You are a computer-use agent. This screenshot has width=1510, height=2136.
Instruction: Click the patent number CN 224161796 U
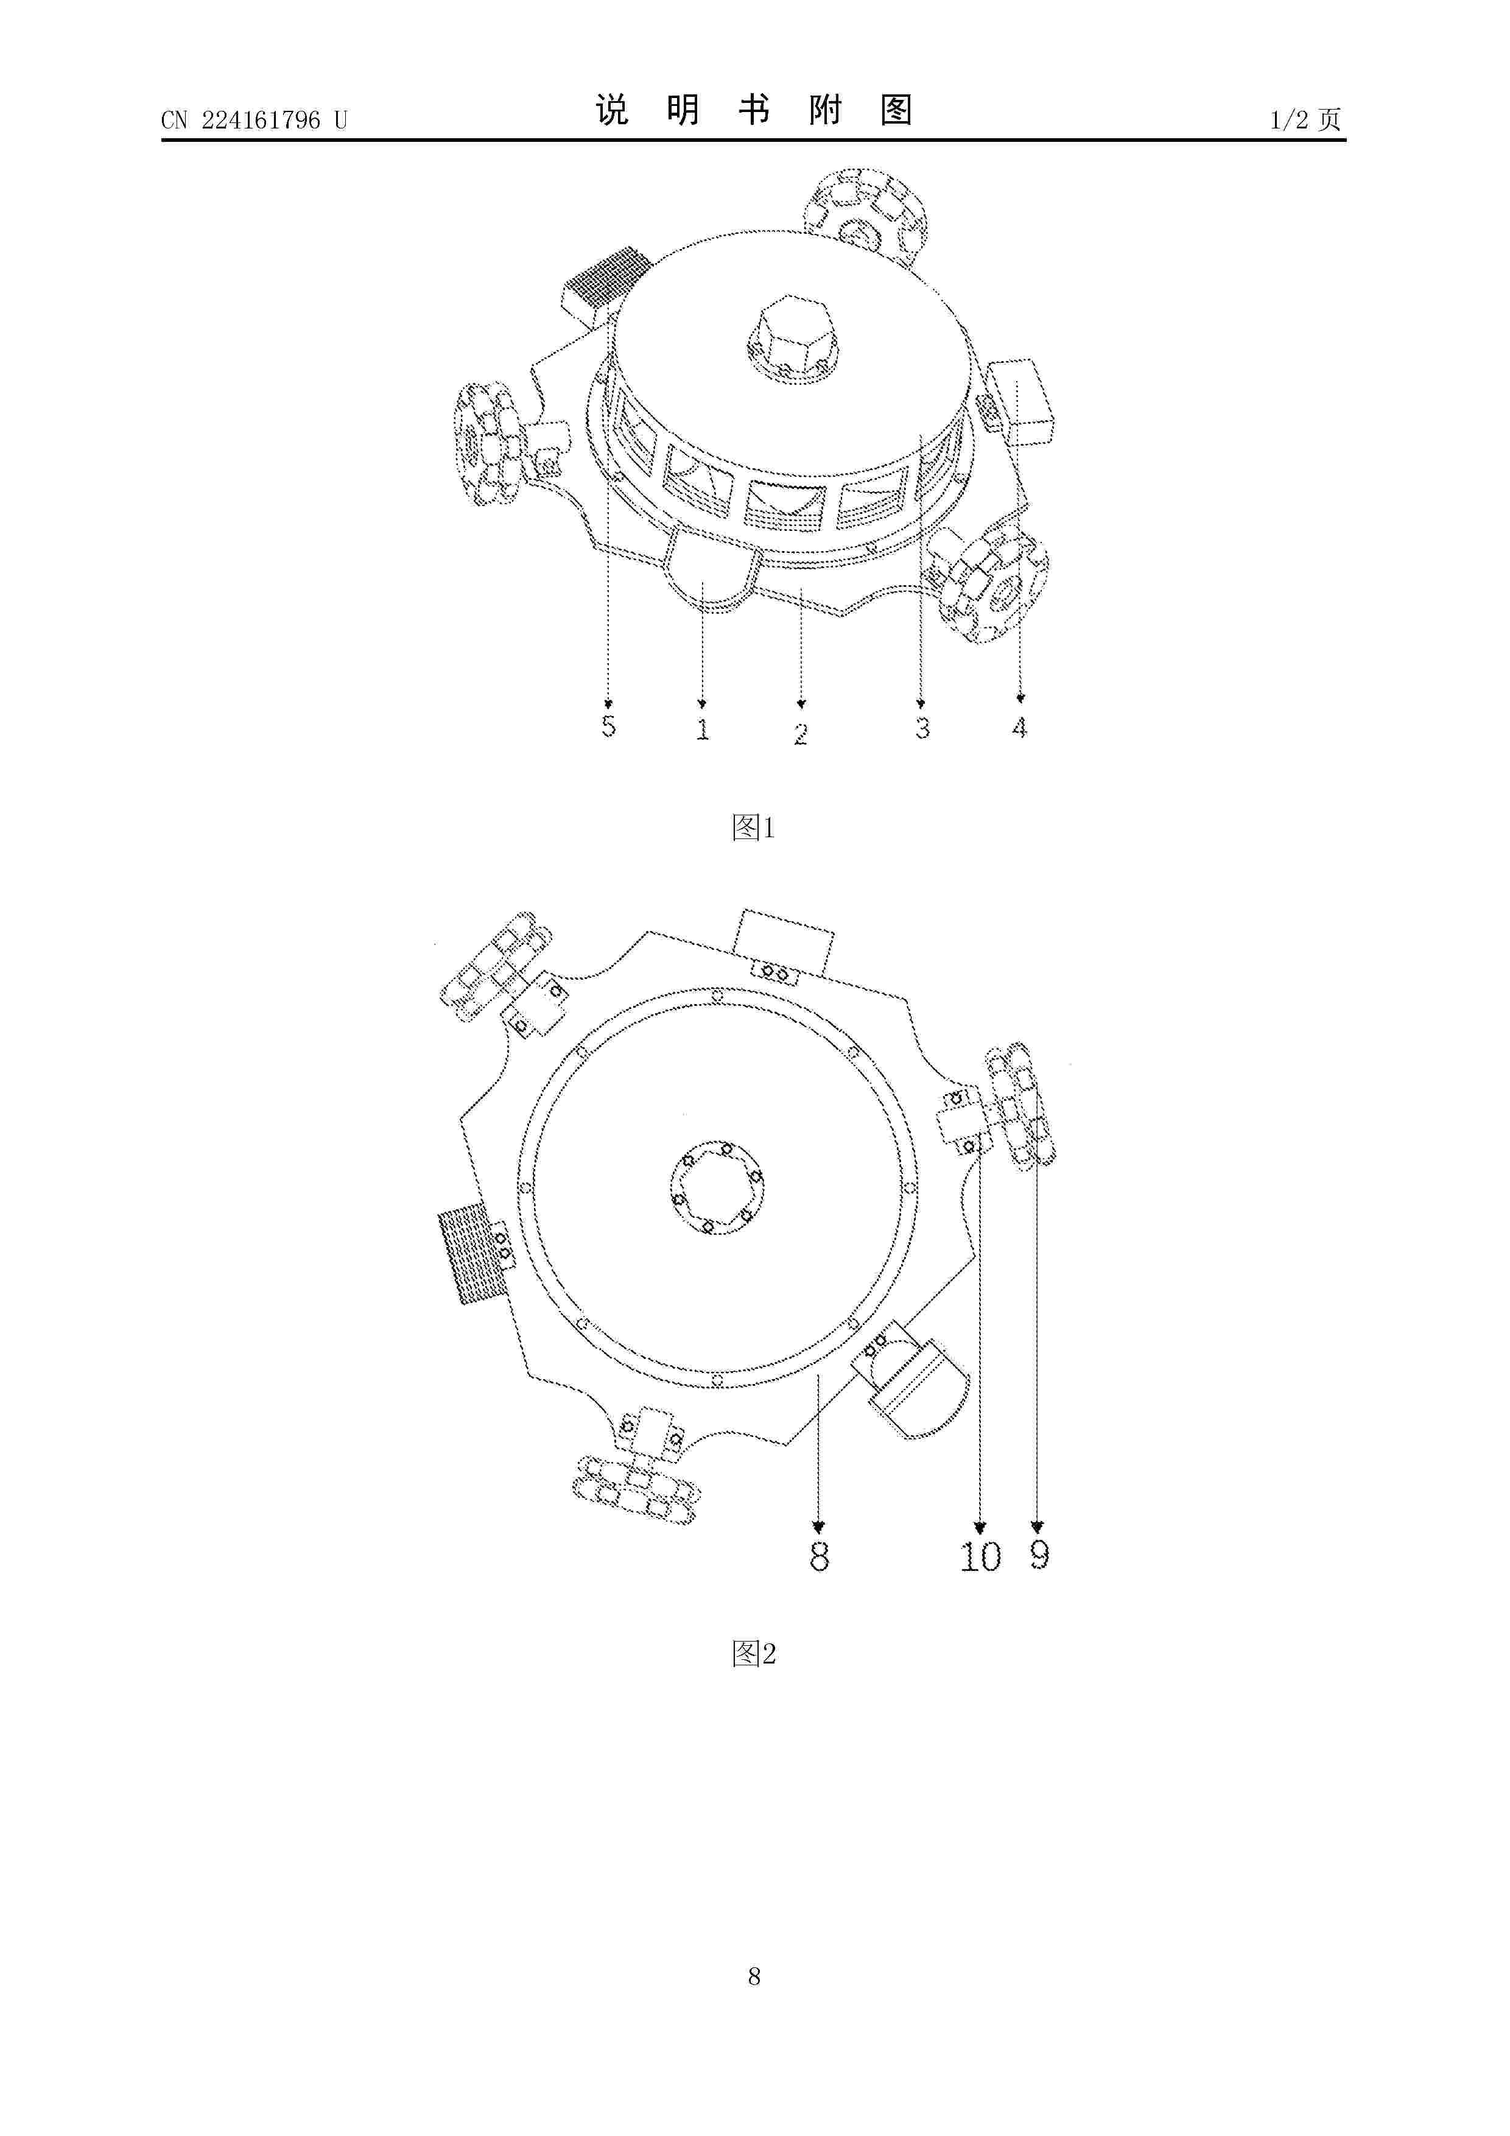(253, 120)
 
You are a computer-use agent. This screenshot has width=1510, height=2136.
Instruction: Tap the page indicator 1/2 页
(1305, 119)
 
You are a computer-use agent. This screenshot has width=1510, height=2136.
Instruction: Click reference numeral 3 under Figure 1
(922, 728)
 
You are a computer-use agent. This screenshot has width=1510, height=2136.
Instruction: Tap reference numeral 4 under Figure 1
(1020, 726)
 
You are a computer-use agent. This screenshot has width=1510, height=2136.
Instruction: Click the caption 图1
(754, 827)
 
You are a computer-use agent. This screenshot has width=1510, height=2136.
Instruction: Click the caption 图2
(754, 1653)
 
